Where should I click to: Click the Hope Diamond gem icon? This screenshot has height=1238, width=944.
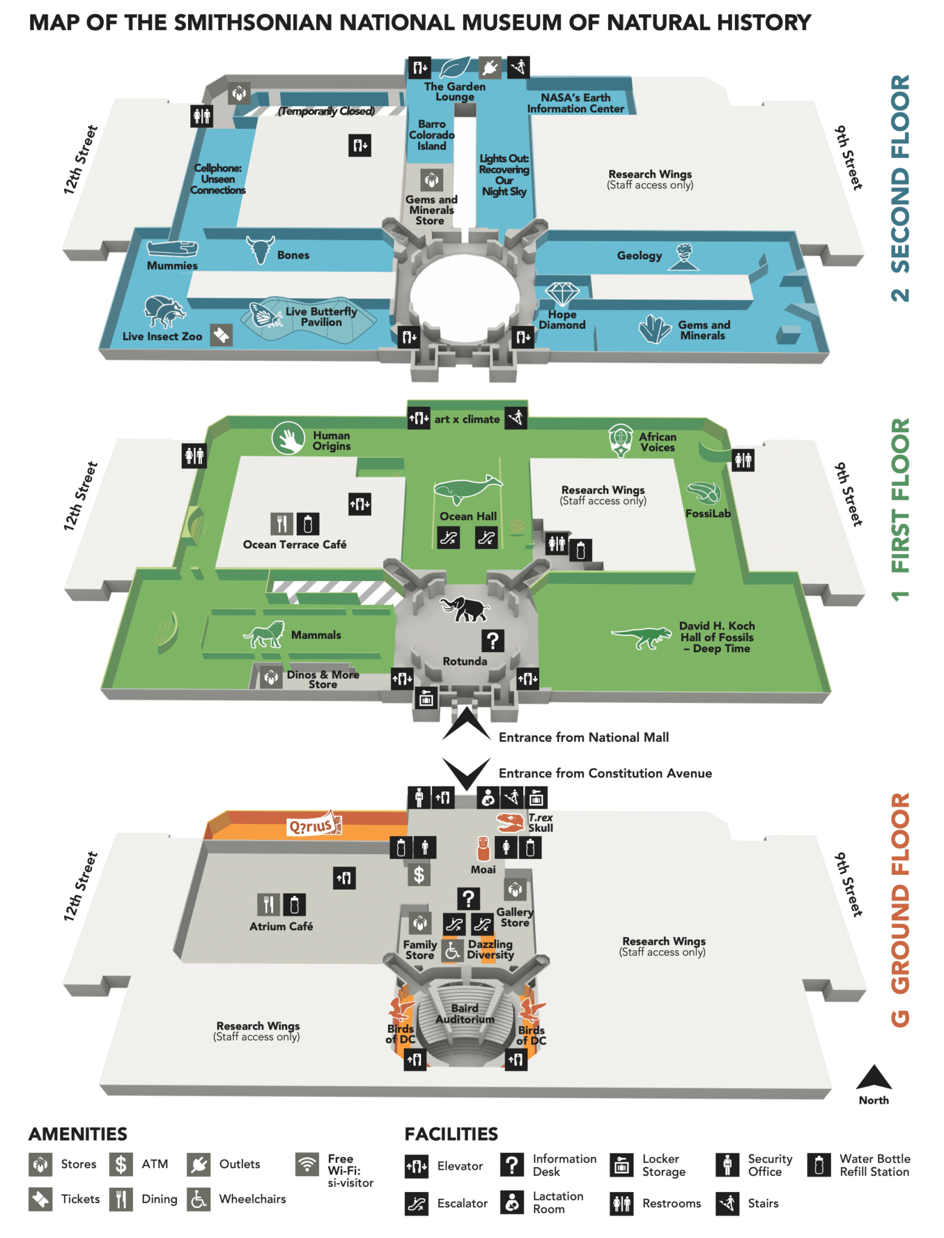tap(562, 294)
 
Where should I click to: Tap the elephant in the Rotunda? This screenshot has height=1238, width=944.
tap(465, 609)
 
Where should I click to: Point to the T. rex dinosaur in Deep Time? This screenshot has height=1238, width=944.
tap(642, 636)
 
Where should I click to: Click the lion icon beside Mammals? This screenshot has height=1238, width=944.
tap(265, 635)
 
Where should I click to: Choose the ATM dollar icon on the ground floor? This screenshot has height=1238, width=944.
tap(419, 874)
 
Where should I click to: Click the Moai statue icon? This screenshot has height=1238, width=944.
tap(483, 849)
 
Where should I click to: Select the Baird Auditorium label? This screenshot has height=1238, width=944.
tap(465, 1014)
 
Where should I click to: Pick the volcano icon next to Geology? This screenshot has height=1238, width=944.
tap(684, 256)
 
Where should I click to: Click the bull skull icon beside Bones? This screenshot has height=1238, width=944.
tap(260, 249)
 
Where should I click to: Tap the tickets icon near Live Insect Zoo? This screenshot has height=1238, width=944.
tap(221, 335)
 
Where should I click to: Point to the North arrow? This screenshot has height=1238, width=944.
tap(874, 1078)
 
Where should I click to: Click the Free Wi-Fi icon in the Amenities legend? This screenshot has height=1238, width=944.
tap(307, 1164)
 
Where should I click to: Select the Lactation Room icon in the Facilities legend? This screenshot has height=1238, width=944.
tap(512, 1202)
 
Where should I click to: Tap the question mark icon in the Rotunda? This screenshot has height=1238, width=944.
tap(493, 640)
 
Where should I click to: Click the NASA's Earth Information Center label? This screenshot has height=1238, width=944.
tap(575, 103)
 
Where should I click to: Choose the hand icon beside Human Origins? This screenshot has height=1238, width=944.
tap(288, 438)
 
